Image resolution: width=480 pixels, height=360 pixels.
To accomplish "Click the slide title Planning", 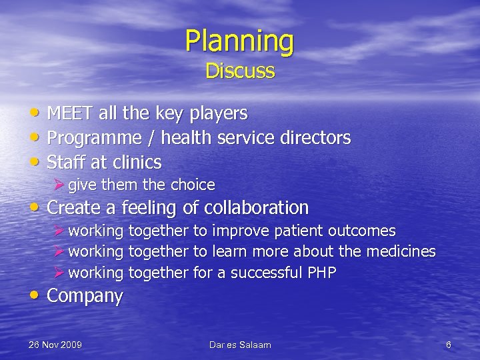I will click(239, 41).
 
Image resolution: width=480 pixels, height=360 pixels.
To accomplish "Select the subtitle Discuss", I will click(240, 71).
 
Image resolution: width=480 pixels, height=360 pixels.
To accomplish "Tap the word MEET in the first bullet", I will click(71, 114).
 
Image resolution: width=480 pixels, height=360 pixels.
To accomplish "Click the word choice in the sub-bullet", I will click(193, 185).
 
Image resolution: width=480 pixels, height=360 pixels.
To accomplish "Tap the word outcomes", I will click(363, 231).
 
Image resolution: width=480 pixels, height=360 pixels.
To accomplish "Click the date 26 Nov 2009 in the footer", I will click(55, 345).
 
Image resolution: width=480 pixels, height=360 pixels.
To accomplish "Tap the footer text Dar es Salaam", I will click(240, 345).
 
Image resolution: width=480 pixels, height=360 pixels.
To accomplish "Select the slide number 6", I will click(449, 345).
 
